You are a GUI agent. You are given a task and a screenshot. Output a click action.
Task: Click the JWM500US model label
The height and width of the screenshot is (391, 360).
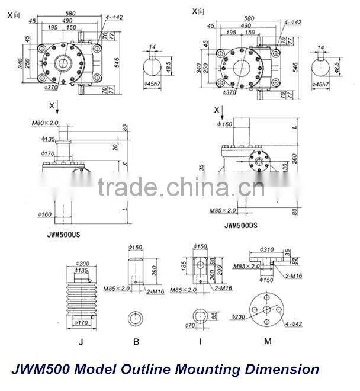[63, 235]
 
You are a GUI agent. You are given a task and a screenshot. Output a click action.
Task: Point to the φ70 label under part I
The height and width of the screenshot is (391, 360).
[189, 325]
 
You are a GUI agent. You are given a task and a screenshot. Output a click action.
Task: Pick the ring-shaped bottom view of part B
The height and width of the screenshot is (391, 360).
[136, 318]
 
